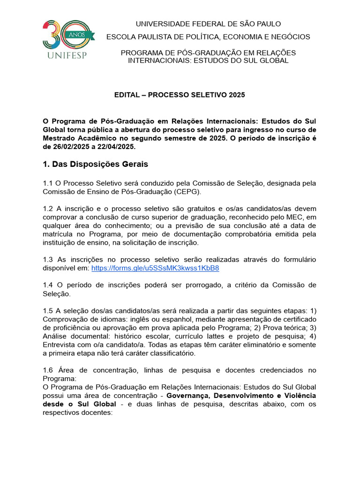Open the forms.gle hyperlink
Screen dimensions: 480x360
155,268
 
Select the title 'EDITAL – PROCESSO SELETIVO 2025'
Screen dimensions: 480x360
180,95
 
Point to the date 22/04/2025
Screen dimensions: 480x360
116,146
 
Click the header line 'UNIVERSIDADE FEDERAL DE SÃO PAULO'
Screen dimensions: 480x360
202,24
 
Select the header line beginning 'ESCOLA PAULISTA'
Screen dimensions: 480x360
208,37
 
